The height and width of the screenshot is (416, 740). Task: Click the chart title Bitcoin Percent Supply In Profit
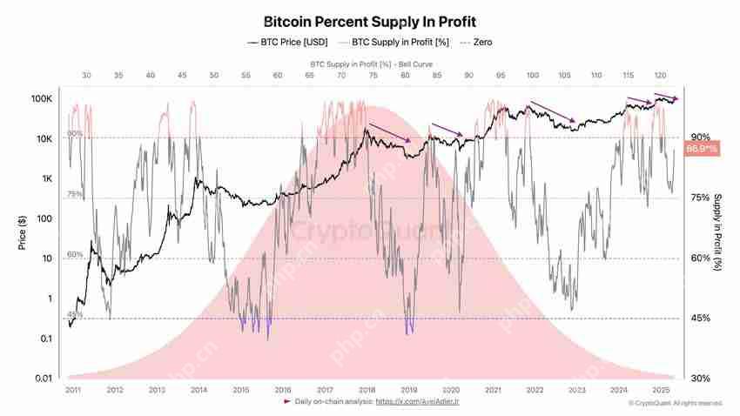370,20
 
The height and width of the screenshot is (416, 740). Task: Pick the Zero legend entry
475,41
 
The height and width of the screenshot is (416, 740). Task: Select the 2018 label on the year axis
366,390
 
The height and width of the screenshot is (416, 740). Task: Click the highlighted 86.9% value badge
702,149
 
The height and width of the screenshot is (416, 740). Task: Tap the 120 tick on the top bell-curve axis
660,77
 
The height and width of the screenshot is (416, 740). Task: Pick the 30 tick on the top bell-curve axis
87,77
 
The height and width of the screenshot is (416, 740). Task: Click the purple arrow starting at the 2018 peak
390,133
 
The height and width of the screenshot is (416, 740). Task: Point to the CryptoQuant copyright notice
675,403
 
